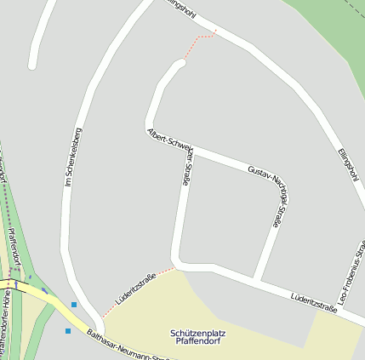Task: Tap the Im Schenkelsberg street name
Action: tap(73, 157)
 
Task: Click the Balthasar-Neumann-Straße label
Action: tap(128, 345)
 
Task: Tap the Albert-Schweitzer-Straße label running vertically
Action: tap(185, 163)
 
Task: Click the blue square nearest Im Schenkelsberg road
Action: tap(74, 305)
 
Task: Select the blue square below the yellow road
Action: tap(68, 330)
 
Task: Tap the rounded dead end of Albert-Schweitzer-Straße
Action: tap(180, 63)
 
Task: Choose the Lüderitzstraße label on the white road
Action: tap(313, 303)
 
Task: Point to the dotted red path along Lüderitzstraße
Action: tap(136, 294)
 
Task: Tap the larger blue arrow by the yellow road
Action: tap(45, 290)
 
